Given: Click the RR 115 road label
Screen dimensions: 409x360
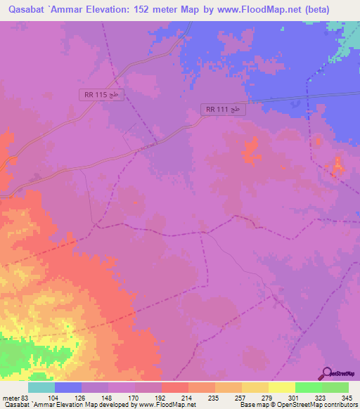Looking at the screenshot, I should click(x=101, y=95).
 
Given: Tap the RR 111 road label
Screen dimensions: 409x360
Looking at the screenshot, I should click(x=224, y=109).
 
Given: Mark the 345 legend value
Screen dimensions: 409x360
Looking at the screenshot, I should click(x=345, y=396).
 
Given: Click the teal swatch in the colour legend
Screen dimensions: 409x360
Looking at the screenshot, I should click(x=41, y=387).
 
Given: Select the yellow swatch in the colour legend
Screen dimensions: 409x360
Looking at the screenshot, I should click(x=282, y=387).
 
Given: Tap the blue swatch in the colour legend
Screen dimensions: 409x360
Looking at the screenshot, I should click(x=68, y=387).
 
